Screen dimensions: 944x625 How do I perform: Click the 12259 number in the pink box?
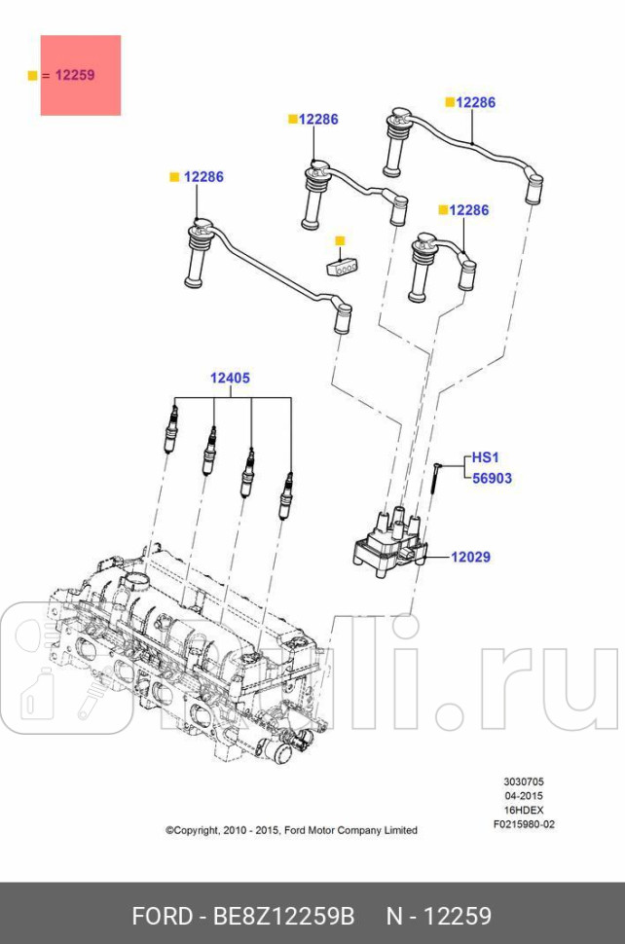tap(75, 75)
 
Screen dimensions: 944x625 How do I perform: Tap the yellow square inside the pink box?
tap(32, 75)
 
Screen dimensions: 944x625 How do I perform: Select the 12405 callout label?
tap(231, 379)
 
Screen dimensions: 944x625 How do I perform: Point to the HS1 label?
tap(485, 456)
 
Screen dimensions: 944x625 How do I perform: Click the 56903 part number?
tap(492, 479)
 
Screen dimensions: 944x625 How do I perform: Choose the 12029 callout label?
tap(470, 558)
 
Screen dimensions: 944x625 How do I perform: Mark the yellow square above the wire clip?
tap(340, 240)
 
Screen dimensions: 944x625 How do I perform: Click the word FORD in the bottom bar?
tap(162, 916)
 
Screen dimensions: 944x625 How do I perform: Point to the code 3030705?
tap(524, 781)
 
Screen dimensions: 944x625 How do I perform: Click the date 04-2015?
tap(524, 795)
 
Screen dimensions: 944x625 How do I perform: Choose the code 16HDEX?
tap(524, 810)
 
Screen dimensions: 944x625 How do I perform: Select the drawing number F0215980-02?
tap(524, 824)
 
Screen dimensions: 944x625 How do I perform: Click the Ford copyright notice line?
tap(291, 830)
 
